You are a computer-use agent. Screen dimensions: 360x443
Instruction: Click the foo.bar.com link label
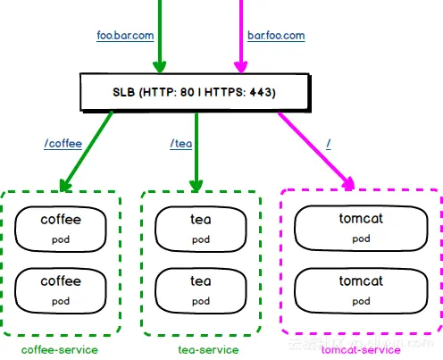point(126,36)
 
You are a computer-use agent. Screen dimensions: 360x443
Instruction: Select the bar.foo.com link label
point(275,36)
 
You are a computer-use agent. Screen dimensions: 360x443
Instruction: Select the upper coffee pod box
point(61,227)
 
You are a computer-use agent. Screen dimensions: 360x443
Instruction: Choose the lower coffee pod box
point(61,289)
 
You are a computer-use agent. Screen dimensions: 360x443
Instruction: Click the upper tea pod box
point(201,227)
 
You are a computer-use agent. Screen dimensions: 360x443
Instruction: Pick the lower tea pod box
point(201,289)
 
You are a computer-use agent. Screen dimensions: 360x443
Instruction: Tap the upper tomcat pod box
point(361,227)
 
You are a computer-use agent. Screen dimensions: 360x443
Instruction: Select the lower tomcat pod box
point(361,289)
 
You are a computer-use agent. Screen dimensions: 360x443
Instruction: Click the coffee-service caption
point(60,349)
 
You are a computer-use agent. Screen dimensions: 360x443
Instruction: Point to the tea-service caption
point(204,349)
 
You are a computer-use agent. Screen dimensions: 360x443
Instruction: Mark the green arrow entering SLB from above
point(160,36)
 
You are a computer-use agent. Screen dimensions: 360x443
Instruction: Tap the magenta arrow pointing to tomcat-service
point(313,147)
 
